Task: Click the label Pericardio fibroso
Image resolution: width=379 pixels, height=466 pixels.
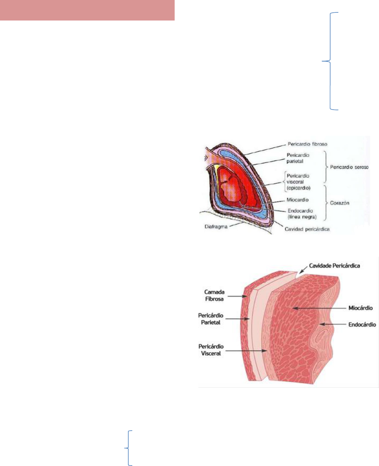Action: coord(307,144)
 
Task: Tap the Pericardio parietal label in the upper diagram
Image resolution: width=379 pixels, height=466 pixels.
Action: coord(298,158)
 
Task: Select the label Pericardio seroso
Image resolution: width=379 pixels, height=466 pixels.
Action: coord(349,167)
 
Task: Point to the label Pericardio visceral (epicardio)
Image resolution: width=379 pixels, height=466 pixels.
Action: coord(298,182)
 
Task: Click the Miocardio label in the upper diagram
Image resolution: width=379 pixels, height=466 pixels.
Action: coord(297,200)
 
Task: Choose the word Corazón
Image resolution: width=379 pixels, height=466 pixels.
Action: coord(339,203)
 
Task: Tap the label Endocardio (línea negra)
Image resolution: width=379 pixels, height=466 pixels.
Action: coord(302,214)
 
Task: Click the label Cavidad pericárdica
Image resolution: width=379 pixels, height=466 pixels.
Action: coord(307,229)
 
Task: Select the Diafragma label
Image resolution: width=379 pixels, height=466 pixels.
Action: coord(216,226)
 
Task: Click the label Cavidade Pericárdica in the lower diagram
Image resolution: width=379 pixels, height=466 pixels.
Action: coord(334,266)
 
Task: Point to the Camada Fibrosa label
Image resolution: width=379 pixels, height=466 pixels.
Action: coord(214,295)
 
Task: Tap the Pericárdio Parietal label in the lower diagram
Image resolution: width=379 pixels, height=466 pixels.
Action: coord(211,319)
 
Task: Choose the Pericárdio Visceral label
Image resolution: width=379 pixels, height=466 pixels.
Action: coord(211,350)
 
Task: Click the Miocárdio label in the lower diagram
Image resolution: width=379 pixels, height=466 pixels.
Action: coord(360,308)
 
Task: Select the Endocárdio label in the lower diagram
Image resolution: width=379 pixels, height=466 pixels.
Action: coord(362,324)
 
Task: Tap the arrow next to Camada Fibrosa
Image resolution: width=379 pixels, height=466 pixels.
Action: coord(237,296)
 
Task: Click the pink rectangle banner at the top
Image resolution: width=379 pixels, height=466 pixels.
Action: coord(87,10)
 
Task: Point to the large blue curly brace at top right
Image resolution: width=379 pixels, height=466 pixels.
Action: coord(331,61)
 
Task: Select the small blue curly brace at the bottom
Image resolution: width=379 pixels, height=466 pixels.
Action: coord(129,448)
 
